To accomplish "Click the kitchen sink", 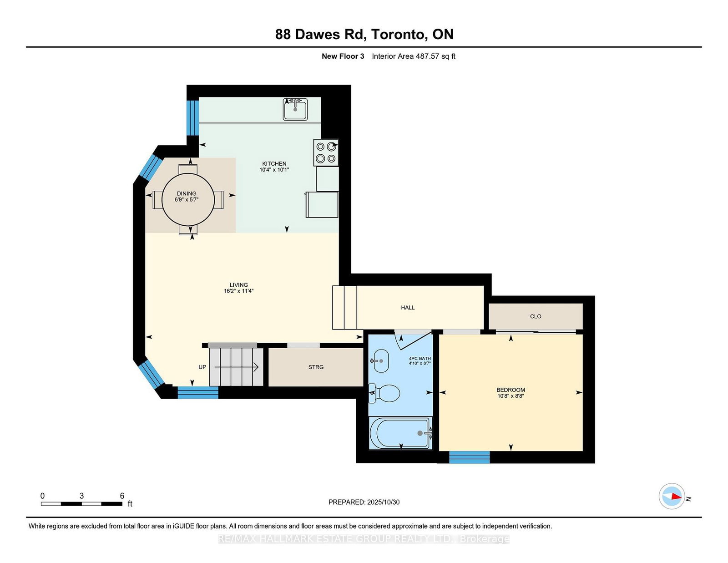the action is (x=295, y=109).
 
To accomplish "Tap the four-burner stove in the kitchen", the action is (x=326, y=152).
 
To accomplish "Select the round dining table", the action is (x=188, y=200).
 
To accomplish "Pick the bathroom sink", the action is (x=380, y=361).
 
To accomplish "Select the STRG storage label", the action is (x=316, y=367).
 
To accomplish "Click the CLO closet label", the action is (x=536, y=316).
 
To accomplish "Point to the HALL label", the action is (x=408, y=308).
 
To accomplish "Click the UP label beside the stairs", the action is (x=202, y=367).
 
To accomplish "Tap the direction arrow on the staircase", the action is (x=237, y=367).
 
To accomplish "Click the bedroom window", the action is (x=470, y=457).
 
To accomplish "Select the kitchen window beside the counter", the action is (x=192, y=117).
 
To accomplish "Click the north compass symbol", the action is (x=672, y=496).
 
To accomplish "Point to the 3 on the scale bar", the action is (x=81, y=496).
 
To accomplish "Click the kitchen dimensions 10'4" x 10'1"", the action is (x=274, y=170).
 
